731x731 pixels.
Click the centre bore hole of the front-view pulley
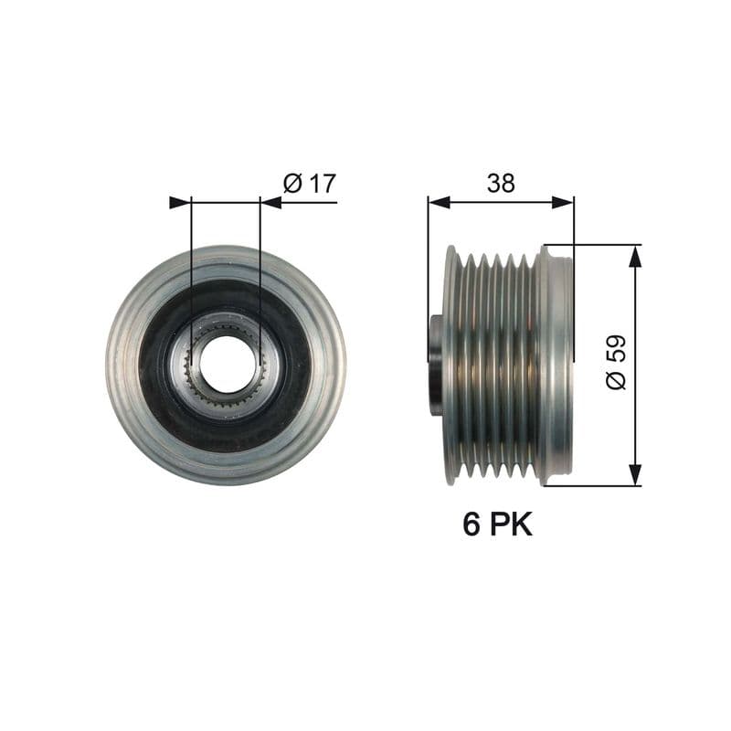pyautogui.click(x=226, y=365)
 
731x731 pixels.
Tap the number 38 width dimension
pyautogui.click(x=500, y=183)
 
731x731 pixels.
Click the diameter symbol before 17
pyautogui.click(x=292, y=183)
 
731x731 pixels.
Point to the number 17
pyautogui.click(x=321, y=183)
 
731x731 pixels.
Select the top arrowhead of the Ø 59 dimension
pyautogui.click(x=635, y=256)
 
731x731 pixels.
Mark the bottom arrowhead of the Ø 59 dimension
pyautogui.click(x=635, y=474)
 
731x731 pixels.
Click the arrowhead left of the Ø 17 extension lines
pyautogui.click(x=180, y=202)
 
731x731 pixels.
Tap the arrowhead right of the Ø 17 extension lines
pyautogui.click(x=271, y=202)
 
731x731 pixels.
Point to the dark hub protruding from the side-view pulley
pyautogui.click(x=435, y=365)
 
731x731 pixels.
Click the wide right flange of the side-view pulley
pyautogui.click(x=556, y=365)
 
